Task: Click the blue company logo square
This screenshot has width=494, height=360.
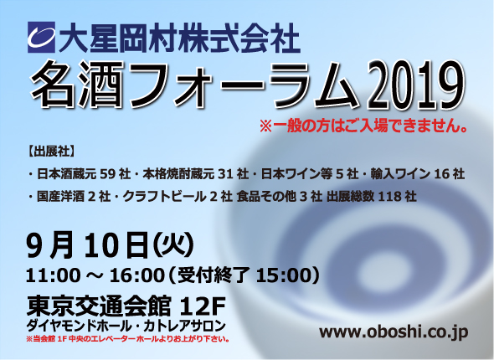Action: point(41,37)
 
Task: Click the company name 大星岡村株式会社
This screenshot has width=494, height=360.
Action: point(179,38)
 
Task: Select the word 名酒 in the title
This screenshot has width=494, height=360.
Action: point(78,85)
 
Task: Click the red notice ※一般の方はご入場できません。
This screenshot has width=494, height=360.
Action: point(363,126)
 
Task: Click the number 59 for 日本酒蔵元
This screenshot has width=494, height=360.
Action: point(107,174)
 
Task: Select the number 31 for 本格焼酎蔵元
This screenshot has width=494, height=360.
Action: point(225,174)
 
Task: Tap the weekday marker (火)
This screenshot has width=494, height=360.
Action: point(173,245)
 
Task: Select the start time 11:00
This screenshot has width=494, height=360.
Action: point(53,275)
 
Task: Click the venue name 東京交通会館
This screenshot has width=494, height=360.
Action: point(99,306)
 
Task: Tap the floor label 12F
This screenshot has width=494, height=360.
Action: point(202,306)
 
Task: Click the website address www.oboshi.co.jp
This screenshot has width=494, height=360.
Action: point(394,332)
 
